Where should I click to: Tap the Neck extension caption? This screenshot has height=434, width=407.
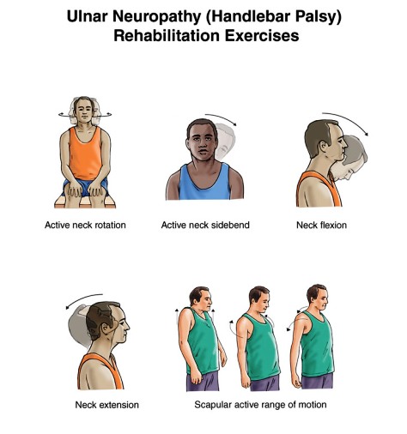click(106, 404)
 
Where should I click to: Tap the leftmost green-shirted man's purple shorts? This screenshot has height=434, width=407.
click(203, 380)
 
